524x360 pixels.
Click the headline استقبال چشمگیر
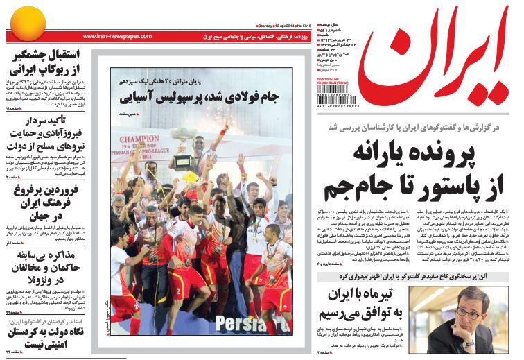(x=46, y=55)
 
